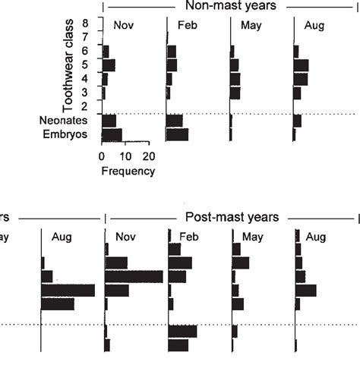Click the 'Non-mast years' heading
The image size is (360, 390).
point(234,6)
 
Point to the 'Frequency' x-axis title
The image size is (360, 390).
point(128,171)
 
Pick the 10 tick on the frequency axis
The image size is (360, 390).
point(125,157)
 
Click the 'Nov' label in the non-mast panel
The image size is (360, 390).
point(124,26)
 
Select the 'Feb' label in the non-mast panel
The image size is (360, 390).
point(188,26)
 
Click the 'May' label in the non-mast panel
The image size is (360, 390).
point(252,26)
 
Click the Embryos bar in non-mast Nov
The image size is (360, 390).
point(112,135)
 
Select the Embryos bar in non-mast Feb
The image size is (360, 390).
point(177,135)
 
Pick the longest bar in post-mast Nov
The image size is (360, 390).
point(134,276)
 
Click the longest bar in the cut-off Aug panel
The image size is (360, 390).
point(68,290)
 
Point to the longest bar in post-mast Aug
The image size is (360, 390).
point(305,290)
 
